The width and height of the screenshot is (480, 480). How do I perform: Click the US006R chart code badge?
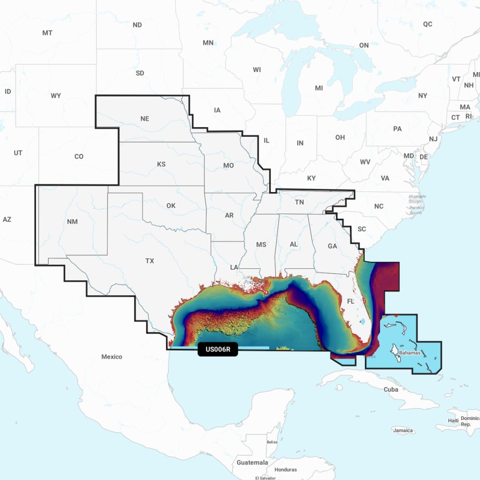pyautogui.click(x=217, y=349)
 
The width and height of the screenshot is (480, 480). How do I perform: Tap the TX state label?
pyautogui.click(x=150, y=261)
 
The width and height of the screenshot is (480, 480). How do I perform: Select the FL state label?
pyautogui.click(x=350, y=302)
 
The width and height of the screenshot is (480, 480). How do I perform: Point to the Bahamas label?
pyautogui.click(x=409, y=353)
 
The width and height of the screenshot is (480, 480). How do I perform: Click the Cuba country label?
pyautogui.click(x=391, y=389)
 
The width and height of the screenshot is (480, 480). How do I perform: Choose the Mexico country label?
pyautogui.click(x=111, y=357)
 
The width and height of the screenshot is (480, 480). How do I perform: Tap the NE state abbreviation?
pyautogui.click(x=144, y=119)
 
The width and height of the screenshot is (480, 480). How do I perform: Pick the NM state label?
pyautogui.click(x=72, y=221)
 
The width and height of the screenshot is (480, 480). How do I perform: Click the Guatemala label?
pyautogui.click(x=252, y=462)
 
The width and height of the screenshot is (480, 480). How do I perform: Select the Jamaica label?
pyautogui.click(x=403, y=431)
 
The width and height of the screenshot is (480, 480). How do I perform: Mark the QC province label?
pyautogui.click(x=427, y=24)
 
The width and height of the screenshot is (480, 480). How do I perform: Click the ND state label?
pyautogui.click(x=137, y=25)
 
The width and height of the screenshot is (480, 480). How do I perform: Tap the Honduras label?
pyautogui.click(x=286, y=469)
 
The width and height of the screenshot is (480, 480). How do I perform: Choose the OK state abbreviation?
pyautogui.click(x=171, y=205)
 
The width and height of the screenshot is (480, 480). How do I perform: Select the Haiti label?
pyautogui.click(x=453, y=420)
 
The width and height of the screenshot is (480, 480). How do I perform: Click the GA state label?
pyautogui.click(x=332, y=246)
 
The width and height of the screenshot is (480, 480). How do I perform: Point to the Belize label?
pyautogui.click(x=272, y=442)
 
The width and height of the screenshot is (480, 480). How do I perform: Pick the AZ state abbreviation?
pyautogui.click(x=7, y=219)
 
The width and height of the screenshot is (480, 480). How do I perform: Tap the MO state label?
pyautogui.click(x=228, y=165)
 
